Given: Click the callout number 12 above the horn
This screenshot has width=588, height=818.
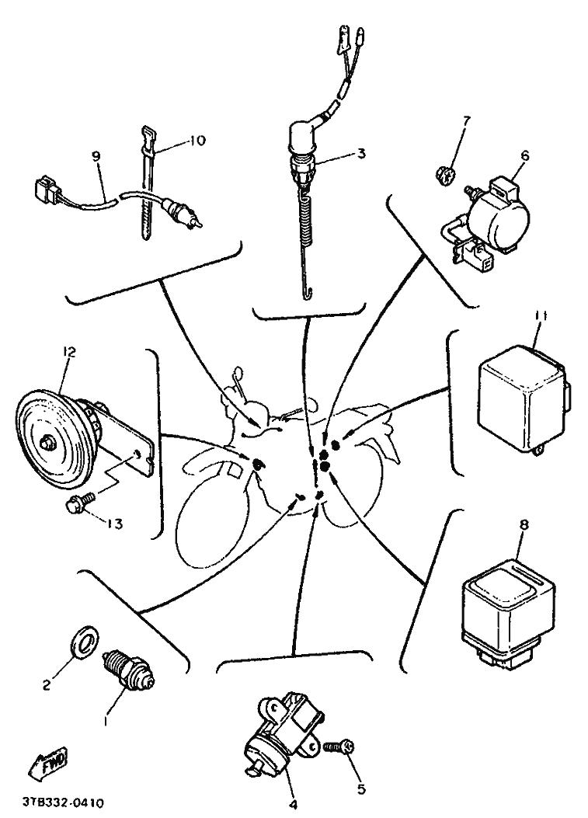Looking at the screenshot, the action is point(69,352).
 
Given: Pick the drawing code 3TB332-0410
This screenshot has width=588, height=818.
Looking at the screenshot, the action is point(63,801).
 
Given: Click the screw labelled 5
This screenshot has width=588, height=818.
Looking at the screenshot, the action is point(340,747).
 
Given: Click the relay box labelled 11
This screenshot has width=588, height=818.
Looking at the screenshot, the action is point(524,399).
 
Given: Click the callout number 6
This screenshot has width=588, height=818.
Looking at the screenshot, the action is point(524,155).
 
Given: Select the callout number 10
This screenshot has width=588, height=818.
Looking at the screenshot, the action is point(197,141).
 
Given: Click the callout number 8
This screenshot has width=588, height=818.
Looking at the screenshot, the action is point(524,525).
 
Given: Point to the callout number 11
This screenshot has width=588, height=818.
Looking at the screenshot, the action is point(541,317).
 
